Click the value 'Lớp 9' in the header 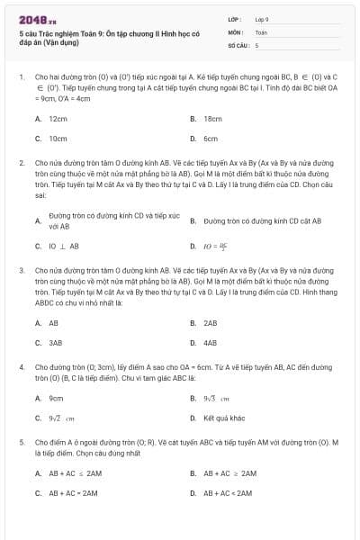(x=262, y=19)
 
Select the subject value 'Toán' (x=261, y=31)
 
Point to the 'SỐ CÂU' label (x=237, y=44)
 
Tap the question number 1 (x=21, y=77)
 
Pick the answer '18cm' (x=212, y=118)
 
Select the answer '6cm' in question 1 (x=211, y=139)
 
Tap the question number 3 (x=21, y=269)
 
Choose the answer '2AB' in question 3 (x=211, y=322)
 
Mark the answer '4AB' (x=211, y=343)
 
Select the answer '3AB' (x=56, y=343)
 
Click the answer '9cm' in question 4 (x=56, y=398)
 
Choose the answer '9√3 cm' (x=216, y=398)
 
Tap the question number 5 (x=21, y=443)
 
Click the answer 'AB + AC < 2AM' (x=229, y=493)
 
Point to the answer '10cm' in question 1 (x=58, y=139)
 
